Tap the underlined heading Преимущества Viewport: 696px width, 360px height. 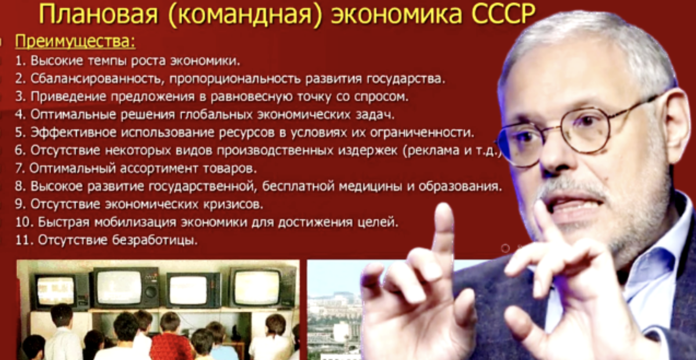coord(75,42)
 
